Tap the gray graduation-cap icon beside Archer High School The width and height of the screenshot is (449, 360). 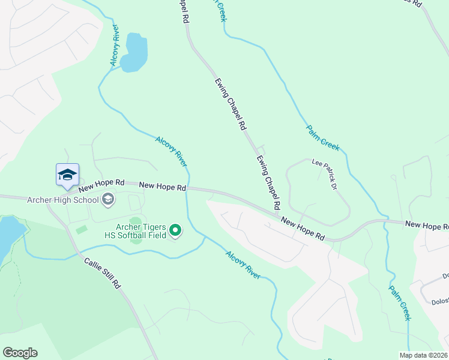pos(109,199)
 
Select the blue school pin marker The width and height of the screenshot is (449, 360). pos(67,175)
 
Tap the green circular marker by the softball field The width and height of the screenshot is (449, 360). pos(175,230)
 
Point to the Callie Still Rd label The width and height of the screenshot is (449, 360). pos(103,273)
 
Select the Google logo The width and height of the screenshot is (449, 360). pos(20,353)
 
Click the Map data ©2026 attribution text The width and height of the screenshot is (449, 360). pos(423,355)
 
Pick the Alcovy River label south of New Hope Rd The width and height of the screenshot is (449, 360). pos(243,265)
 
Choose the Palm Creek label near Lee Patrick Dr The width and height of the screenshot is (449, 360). pos(323,137)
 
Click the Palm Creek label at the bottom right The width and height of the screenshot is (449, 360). pos(399,302)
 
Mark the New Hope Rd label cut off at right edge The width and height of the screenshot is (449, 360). pos(426,224)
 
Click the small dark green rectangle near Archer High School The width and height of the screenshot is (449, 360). pos(81,229)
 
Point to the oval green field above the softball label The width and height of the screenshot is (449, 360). pos(136,223)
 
